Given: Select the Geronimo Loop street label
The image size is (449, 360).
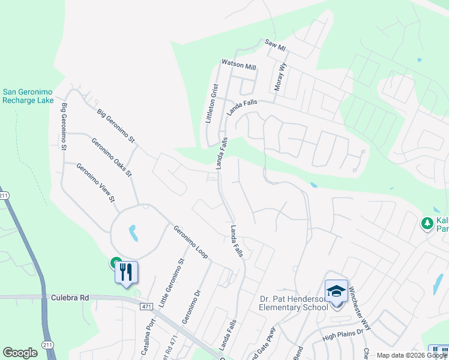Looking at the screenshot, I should [191, 242].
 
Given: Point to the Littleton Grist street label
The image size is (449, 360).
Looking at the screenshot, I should [210, 103].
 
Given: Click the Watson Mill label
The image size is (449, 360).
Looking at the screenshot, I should [238, 62].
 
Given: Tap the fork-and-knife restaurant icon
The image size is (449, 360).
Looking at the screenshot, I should [126, 272].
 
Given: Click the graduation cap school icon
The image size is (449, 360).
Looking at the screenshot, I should [337, 292].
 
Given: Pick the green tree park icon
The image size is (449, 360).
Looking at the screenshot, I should [427, 223].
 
